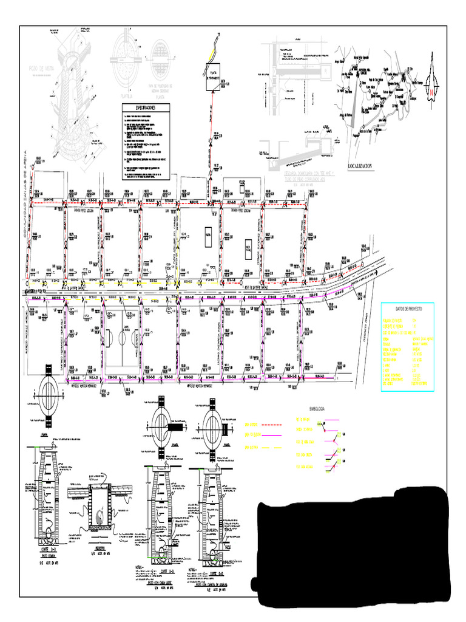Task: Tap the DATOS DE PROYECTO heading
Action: click(407, 308)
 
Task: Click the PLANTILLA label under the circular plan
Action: click(126, 95)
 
